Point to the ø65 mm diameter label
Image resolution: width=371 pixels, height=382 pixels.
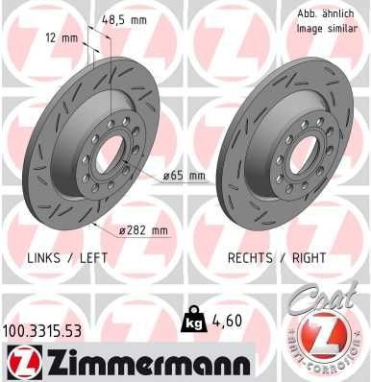185,176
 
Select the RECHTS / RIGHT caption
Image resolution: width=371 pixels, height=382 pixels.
276,258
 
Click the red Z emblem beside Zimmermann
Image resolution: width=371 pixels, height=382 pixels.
18,363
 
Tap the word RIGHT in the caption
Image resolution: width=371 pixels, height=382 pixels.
308,258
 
